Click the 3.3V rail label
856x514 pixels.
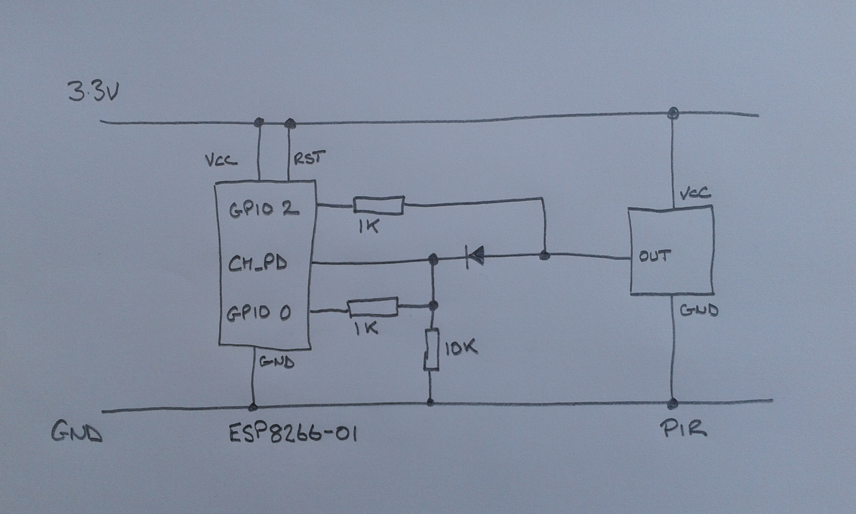tap(93, 92)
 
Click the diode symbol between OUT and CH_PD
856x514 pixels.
tap(473, 257)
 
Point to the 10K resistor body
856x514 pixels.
tap(432, 350)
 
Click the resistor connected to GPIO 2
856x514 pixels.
tap(379, 205)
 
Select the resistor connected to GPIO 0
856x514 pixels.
tap(372, 307)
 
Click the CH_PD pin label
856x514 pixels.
tap(257, 264)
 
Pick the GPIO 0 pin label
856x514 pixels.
tap(258, 313)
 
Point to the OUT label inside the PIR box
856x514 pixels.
tap(654, 256)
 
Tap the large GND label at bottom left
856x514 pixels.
tap(77, 432)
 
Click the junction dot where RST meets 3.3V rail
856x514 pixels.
tap(290, 122)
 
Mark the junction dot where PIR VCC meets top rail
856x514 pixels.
tap(673, 112)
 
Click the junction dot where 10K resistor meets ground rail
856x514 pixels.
tap(430, 402)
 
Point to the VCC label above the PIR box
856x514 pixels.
tap(695, 194)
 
